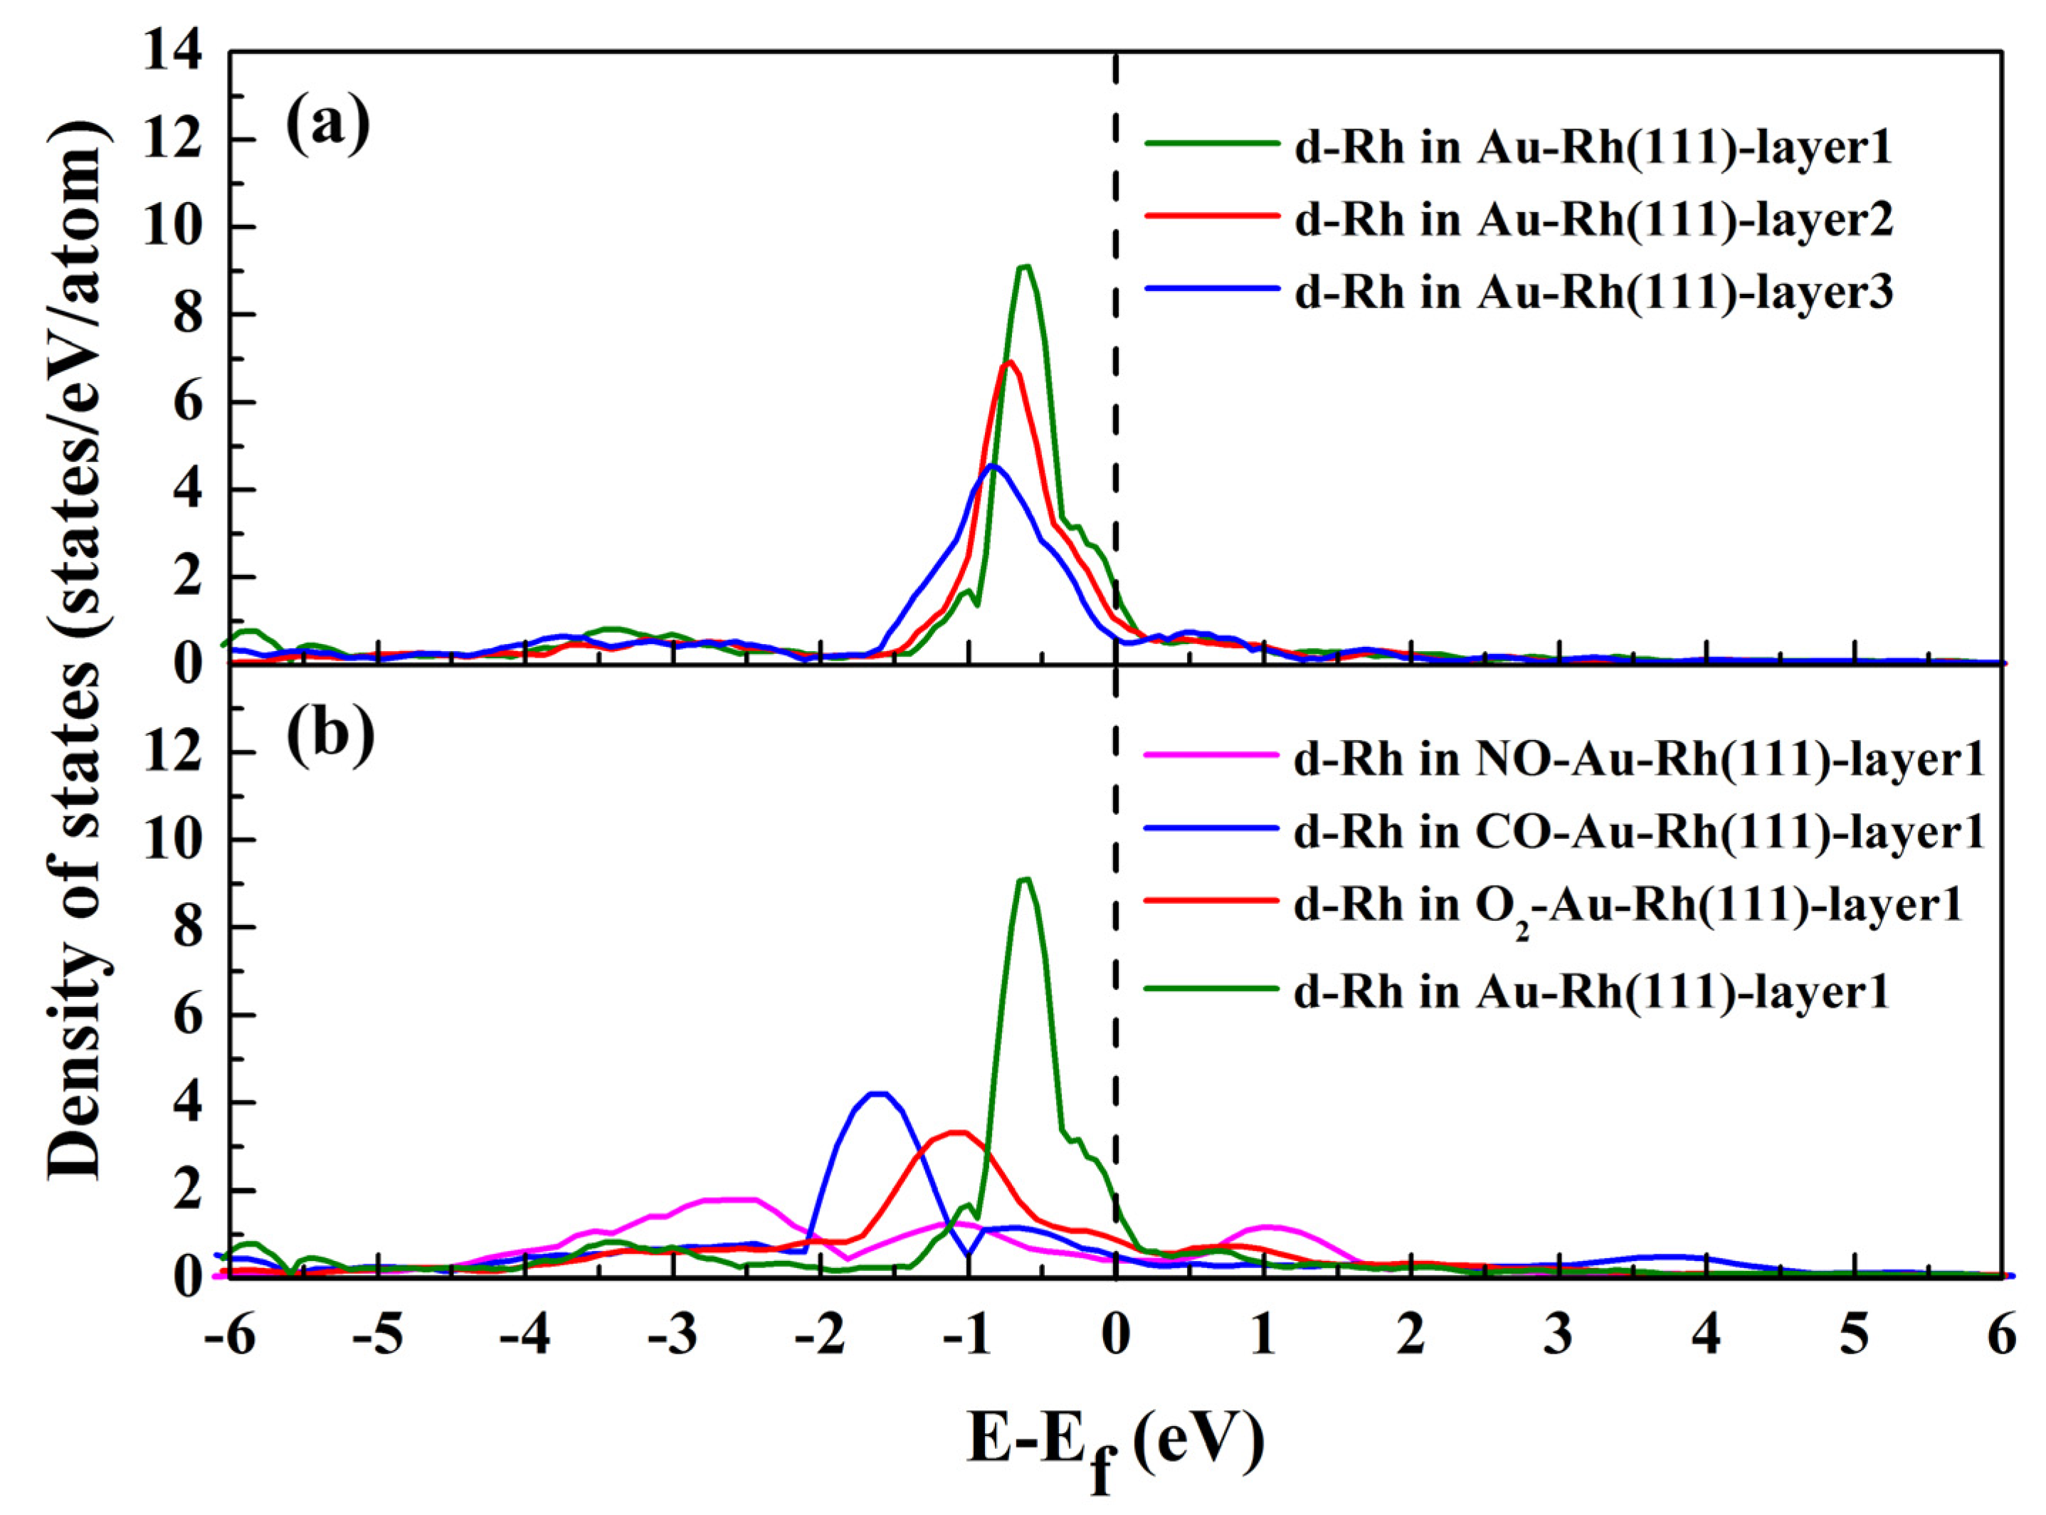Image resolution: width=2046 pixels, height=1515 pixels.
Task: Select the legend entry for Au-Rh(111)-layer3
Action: [1593, 292]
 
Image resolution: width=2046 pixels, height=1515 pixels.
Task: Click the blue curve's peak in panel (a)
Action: [991, 466]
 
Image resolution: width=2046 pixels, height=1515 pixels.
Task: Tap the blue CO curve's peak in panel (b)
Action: [879, 1093]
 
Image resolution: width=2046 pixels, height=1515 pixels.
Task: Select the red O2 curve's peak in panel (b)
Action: [956, 1133]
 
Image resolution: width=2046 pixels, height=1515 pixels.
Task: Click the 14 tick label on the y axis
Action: [174, 55]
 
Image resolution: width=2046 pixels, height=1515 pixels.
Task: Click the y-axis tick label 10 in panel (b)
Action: [174, 841]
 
